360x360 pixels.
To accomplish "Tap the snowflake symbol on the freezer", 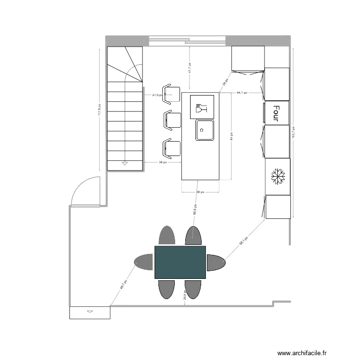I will tap(277, 176).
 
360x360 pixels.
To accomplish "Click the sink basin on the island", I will tap(204, 130).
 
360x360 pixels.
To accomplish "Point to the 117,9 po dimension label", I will tap(99, 110).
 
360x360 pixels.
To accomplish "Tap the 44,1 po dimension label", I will tap(241, 93).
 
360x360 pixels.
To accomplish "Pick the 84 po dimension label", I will tap(231, 137).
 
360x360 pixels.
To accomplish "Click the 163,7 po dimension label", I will tap(293, 132).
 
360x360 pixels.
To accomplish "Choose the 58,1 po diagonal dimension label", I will tap(244, 241).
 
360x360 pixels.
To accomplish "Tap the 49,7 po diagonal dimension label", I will tap(123, 285).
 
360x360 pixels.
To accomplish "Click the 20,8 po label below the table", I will tap(185, 295).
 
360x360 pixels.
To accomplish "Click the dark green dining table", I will tap(180, 262).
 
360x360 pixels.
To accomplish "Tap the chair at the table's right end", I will tap(216, 262).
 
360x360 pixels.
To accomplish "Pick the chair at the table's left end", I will tap(144, 262).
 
